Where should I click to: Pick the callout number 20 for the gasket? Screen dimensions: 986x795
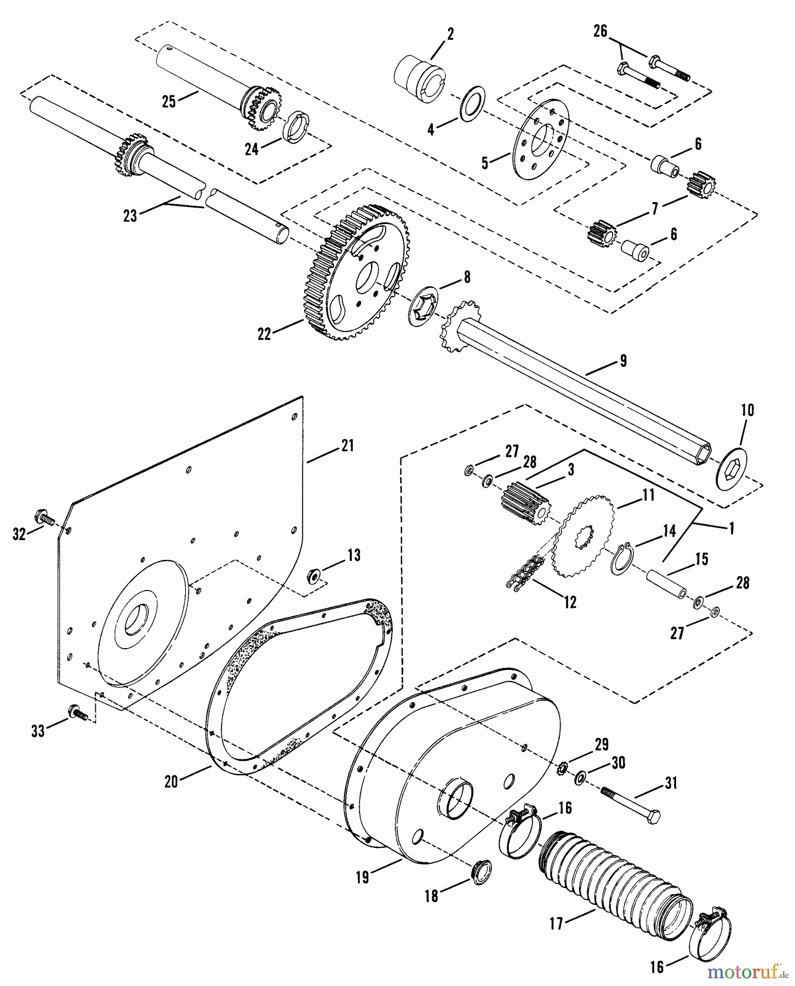point(171,782)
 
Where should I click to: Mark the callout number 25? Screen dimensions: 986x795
point(169,101)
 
